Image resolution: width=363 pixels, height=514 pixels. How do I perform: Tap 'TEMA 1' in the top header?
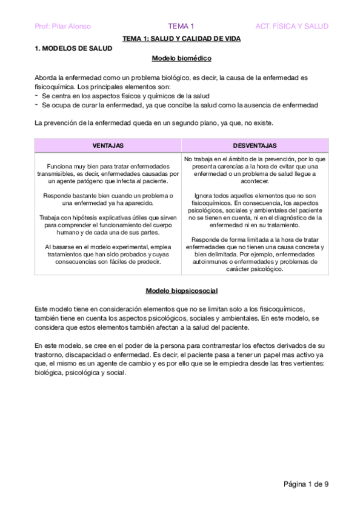point(181,26)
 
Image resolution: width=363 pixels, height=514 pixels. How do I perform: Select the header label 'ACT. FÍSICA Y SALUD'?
point(291,26)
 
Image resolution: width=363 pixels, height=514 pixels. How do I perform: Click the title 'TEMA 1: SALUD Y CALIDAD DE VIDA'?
point(181,38)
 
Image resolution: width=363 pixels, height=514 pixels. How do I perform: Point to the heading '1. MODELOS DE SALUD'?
point(73,48)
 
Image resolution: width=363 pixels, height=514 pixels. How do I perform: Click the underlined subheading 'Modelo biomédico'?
point(181,59)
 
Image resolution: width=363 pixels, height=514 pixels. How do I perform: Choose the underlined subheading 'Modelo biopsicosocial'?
point(181,292)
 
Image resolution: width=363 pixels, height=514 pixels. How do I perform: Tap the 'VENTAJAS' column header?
point(108,146)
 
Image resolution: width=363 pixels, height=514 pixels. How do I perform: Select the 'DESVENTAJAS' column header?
point(255,146)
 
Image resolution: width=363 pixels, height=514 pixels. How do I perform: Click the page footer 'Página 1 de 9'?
point(305,483)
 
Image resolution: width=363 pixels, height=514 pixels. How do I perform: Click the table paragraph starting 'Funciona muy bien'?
point(108,173)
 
